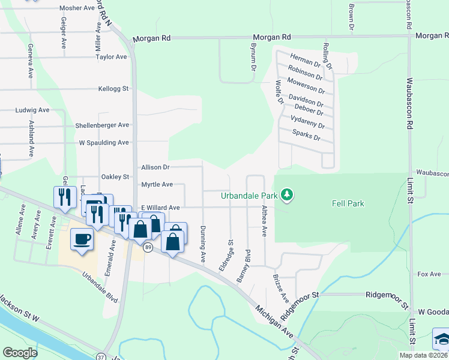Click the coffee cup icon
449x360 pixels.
coord(82,239)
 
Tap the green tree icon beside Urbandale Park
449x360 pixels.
coord(288,194)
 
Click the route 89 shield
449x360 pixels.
coord(147,247)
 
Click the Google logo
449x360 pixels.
coord(20,353)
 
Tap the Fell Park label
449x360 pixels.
coord(348,203)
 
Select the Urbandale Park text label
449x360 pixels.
coord(249,196)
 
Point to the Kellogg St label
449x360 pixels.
coord(113,89)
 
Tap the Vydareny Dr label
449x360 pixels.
coord(307,122)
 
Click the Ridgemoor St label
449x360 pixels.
coord(387,295)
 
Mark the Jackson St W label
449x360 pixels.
coord(19,310)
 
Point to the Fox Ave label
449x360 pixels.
coord(429,274)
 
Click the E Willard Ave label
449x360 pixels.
coord(160,208)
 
